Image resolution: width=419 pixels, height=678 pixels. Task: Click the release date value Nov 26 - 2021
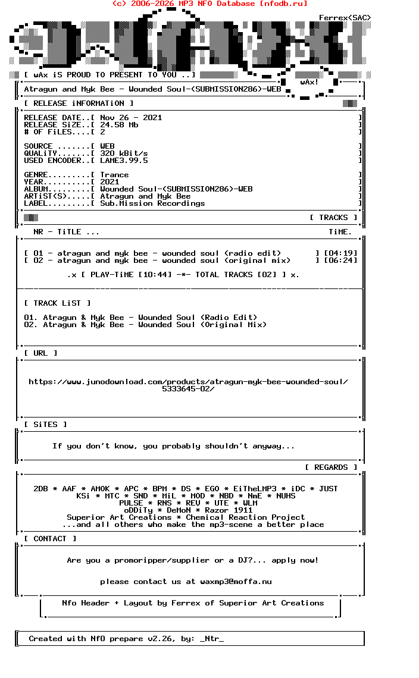click(x=131, y=118)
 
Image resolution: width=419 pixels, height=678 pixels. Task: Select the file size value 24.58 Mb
click(x=119, y=125)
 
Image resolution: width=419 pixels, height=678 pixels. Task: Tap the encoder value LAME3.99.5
click(x=124, y=161)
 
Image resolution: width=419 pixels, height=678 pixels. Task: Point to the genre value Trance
click(x=114, y=175)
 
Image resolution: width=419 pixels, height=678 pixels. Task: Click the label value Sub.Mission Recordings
click(x=152, y=203)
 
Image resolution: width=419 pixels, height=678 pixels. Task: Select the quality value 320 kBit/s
click(x=124, y=153)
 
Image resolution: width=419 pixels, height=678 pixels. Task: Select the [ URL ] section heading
click(x=40, y=353)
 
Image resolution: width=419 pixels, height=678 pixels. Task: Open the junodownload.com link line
click(x=188, y=382)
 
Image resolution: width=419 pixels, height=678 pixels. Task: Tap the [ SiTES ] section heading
click(x=45, y=425)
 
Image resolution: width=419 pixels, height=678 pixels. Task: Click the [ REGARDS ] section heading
click(x=331, y=467)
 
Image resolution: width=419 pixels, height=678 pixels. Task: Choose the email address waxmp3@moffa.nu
click(x=236, y=582)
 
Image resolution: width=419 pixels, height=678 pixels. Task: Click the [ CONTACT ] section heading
click(x=50, y=539)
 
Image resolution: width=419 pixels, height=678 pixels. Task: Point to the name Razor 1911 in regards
click(x=229, y=510)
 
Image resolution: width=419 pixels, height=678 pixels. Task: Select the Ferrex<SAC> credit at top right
click(x=345, y=18)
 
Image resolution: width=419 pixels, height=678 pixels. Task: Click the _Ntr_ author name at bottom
click(x=212, y=639)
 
